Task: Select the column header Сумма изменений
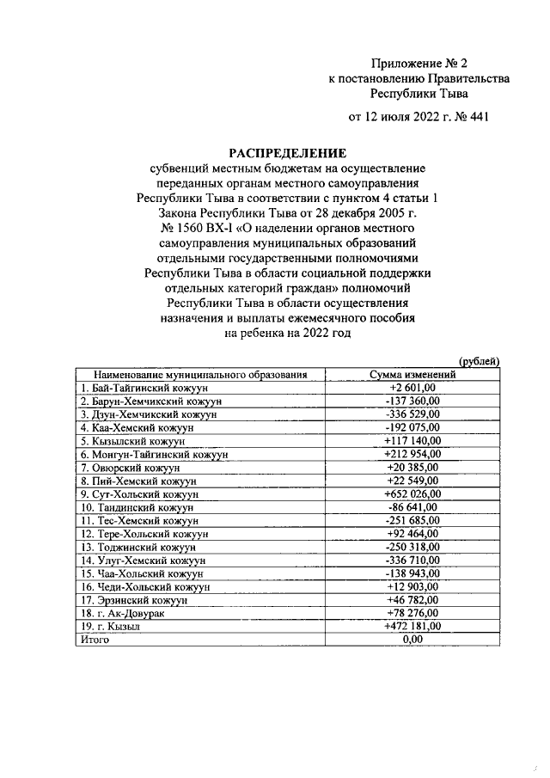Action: tap(412, 375)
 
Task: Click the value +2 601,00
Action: tap(412, 388)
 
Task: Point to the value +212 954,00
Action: tap(412, 453)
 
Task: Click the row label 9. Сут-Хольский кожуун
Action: tap(139, 494)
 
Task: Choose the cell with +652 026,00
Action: tap(412, 494)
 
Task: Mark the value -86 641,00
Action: tap(412, 507)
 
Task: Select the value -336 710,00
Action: tap(412, 560)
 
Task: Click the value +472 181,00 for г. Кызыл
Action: tap(412, 626)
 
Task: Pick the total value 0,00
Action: tap(412, 640)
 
